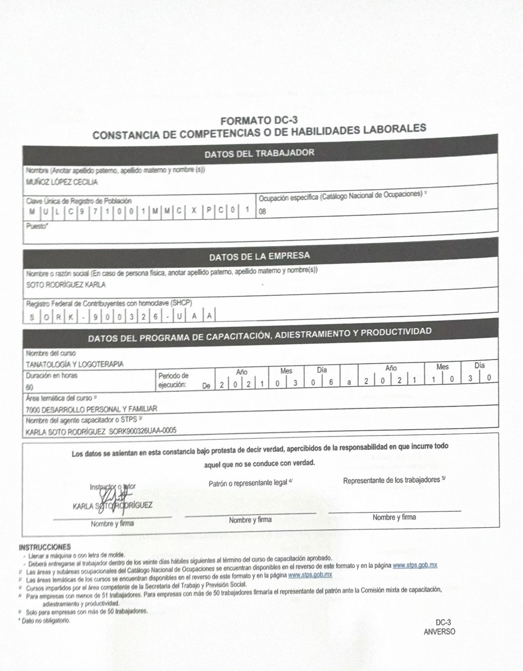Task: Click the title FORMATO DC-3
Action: [259, 121]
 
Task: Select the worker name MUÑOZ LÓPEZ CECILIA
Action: [62, 182]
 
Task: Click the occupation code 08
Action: [262, 212]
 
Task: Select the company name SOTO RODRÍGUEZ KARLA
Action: [65, 285]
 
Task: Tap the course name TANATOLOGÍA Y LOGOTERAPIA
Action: [74, 364]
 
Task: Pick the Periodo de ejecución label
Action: [173, 380]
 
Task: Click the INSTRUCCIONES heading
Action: [44, 547]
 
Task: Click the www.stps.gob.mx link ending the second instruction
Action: [415, 565]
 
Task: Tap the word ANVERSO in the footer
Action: [439, 632]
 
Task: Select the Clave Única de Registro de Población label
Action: [79, 201]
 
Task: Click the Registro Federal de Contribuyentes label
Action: [109, 304]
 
